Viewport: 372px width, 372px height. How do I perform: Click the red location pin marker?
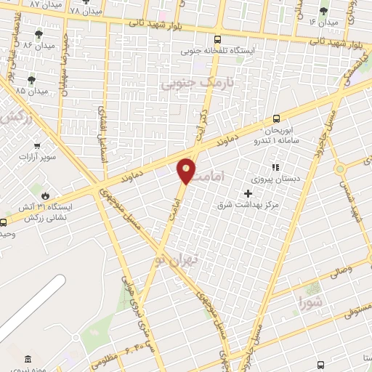pos(187,170)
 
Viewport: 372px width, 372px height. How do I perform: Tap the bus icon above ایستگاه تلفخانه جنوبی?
pos(217,40)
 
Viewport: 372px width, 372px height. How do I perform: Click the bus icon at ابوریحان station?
pos(275,119)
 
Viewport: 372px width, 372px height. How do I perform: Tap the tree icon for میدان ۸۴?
pos(39,33)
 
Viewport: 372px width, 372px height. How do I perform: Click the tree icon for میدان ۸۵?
pos(31,80)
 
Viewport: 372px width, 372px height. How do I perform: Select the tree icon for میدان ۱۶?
pos(323,11)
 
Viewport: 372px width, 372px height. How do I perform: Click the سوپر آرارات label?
pos(33,156)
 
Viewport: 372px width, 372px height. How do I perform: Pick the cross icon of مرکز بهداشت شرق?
pos(248,193)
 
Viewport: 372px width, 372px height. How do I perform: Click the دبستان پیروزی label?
pos(271,177)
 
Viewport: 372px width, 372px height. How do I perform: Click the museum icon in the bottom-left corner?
pos(28,359)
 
